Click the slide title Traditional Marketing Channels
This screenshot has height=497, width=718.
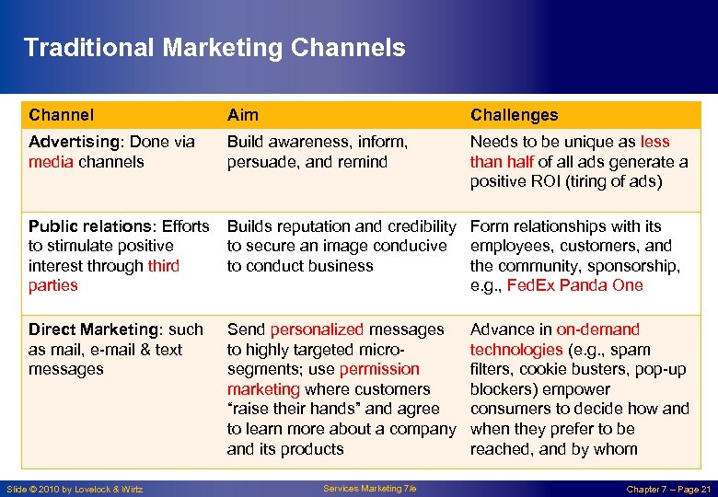214,48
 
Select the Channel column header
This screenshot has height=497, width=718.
61,115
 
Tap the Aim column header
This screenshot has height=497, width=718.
242,115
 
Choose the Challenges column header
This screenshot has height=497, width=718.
514,115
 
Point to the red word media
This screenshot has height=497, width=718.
51,162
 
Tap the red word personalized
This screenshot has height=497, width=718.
317,329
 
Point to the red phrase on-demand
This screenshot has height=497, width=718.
597,329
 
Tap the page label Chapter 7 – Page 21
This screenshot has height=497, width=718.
668,490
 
